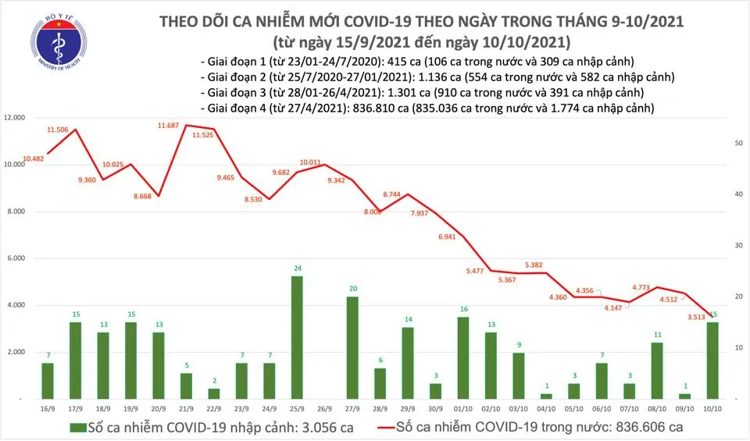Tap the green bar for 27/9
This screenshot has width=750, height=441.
[352, 347]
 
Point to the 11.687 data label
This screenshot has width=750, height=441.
[170, 125]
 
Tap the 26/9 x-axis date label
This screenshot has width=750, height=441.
[325, 408]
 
